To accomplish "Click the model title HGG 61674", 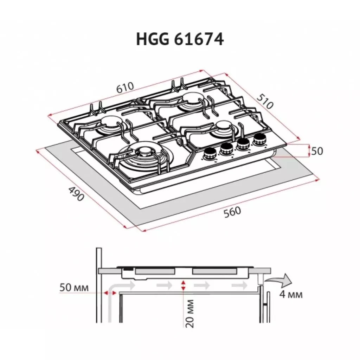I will (180, 40).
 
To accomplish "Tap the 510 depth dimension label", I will (265, 100).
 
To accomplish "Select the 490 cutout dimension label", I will (76, 194).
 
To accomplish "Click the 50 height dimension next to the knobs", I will (317, 151).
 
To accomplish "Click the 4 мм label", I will (291, 294).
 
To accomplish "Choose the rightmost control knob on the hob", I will (260, 139).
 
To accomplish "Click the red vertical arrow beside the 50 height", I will (309, 150).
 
